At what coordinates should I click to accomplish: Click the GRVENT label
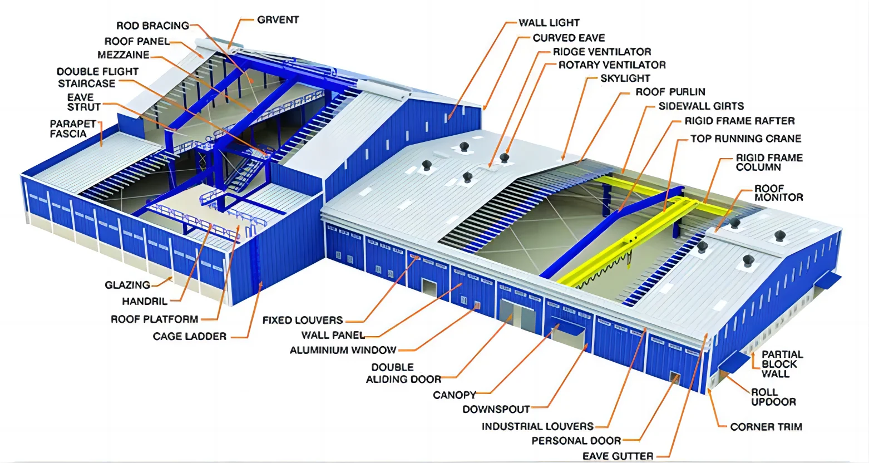(278, 20)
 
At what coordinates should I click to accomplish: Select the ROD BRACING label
(152, 26)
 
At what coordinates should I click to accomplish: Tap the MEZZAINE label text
(123, 55)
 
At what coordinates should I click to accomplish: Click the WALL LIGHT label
(549, 23)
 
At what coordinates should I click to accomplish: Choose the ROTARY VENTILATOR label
(611, 65)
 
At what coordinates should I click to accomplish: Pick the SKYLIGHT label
(625, 78)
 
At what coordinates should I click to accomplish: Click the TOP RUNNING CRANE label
(745, 139)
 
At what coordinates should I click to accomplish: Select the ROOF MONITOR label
(778, 193)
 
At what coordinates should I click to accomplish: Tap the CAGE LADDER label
(190, 336)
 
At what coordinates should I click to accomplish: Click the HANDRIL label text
(145, 302)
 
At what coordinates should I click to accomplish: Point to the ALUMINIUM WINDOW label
(343, 351)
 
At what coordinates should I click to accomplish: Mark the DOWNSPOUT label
(496, 410)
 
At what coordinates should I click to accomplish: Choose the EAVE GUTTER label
(618, 456)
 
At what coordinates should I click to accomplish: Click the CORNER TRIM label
(766, 427)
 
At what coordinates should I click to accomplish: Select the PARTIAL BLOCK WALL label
(782, 364)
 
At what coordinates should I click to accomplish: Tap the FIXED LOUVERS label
(303, 321)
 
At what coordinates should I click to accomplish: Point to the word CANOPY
(455, 395)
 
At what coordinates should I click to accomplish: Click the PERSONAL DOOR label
(576, 441)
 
